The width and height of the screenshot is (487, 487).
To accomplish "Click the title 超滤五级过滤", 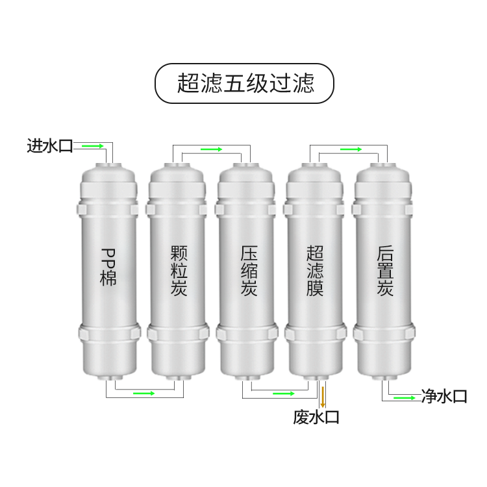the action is coord(243,83).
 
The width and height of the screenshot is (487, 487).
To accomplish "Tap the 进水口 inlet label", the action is coord(49,145).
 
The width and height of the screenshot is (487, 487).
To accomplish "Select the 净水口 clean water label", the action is coord(443,396).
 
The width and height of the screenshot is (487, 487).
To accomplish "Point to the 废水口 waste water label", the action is coord(316,417).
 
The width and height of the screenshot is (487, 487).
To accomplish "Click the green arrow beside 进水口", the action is coord(93,146).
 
